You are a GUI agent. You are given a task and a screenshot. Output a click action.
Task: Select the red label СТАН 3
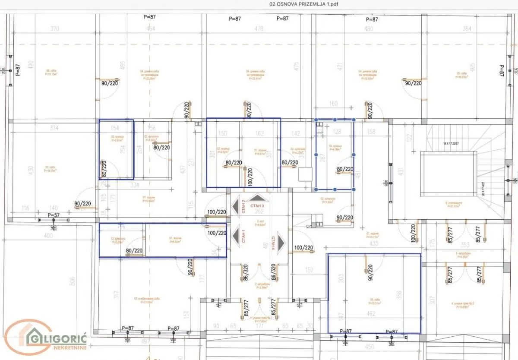[259, 206]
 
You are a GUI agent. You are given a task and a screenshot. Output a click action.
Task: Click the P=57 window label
[54, 215]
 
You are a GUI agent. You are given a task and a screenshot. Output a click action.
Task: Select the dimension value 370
[54, 29]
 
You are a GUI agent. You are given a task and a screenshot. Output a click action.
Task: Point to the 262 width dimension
[259, 212]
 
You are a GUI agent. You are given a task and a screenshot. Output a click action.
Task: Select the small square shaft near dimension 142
[305, 174]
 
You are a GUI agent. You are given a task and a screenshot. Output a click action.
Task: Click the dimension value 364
[467, 29]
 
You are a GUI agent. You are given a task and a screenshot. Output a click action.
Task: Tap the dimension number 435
[374, 243]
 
